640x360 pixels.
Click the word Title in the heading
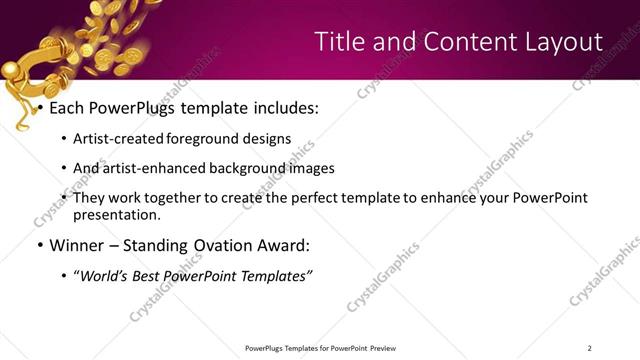coord(339,41)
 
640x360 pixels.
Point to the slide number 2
coord(590,347)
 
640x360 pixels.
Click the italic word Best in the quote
coord(160,275)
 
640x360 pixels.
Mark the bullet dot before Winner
coord(39,245)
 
